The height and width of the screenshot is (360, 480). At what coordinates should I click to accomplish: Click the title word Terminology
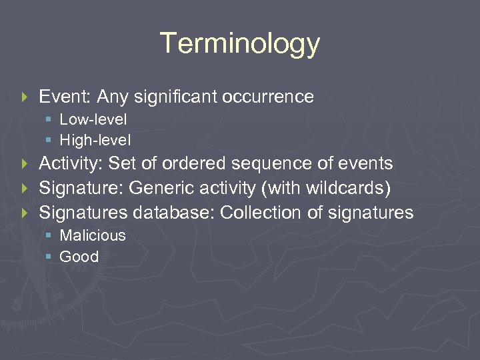point(240,44)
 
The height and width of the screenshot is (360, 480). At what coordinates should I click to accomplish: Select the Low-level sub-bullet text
point(93,120)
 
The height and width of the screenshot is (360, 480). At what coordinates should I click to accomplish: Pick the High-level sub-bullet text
point(95,140)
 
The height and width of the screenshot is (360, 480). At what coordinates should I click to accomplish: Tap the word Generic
point(159,188)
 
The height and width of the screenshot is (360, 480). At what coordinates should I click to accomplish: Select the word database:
point(173,213)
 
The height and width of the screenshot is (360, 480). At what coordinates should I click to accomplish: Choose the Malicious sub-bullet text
point(93,235)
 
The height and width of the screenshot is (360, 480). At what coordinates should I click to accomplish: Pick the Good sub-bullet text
point(79,257)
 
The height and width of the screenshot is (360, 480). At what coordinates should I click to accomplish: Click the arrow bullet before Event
point(25,97)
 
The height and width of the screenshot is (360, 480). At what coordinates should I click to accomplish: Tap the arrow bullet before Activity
point(25,164)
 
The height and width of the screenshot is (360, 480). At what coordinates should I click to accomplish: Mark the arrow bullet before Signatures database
point(25,213)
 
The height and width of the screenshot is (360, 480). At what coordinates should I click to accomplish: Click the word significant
point(175,97)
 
